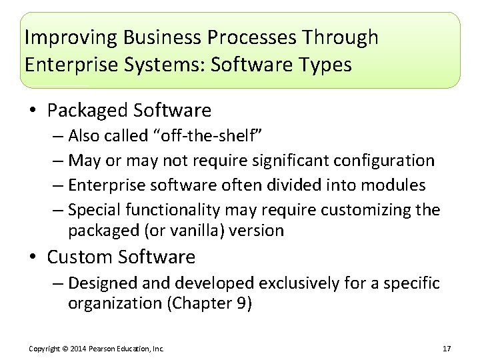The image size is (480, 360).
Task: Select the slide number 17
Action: pos(447,349)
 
